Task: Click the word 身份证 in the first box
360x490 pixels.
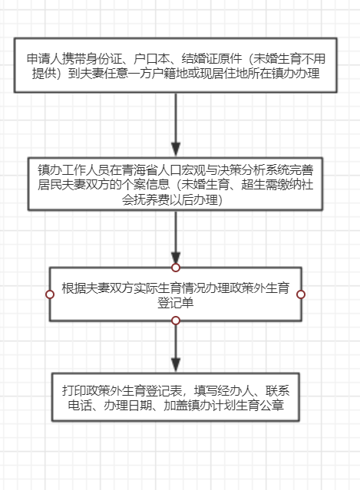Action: [x=104, y=59]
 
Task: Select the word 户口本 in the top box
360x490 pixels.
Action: [x=151, y=59]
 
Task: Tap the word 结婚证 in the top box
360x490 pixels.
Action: [x=200, y=59]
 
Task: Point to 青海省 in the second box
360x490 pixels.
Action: [x=140, y=170]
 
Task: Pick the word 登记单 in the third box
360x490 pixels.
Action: [x=176, y=303]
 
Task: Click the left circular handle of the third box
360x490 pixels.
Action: [x=50, y=294]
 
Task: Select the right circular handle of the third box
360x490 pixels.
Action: [x=301, y=294]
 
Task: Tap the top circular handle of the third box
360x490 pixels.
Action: [x=176, y=268]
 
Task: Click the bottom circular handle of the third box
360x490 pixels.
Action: [x=176, y=321]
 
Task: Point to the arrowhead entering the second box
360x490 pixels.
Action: [x=176, y=149]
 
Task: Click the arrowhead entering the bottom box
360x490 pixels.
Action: [x=176, y=365]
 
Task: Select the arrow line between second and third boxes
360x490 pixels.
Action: [x=176, y=237]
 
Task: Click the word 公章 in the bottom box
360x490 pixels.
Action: [x=272, y=406]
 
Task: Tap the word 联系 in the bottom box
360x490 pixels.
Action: [x=277, y=390]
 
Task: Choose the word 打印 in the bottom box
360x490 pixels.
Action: [x=74, y=390]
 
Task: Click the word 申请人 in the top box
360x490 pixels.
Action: [x=45, y=59]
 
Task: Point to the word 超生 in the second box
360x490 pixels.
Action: [x=253, y=185]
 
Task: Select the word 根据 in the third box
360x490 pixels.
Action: [x=74, y=288]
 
